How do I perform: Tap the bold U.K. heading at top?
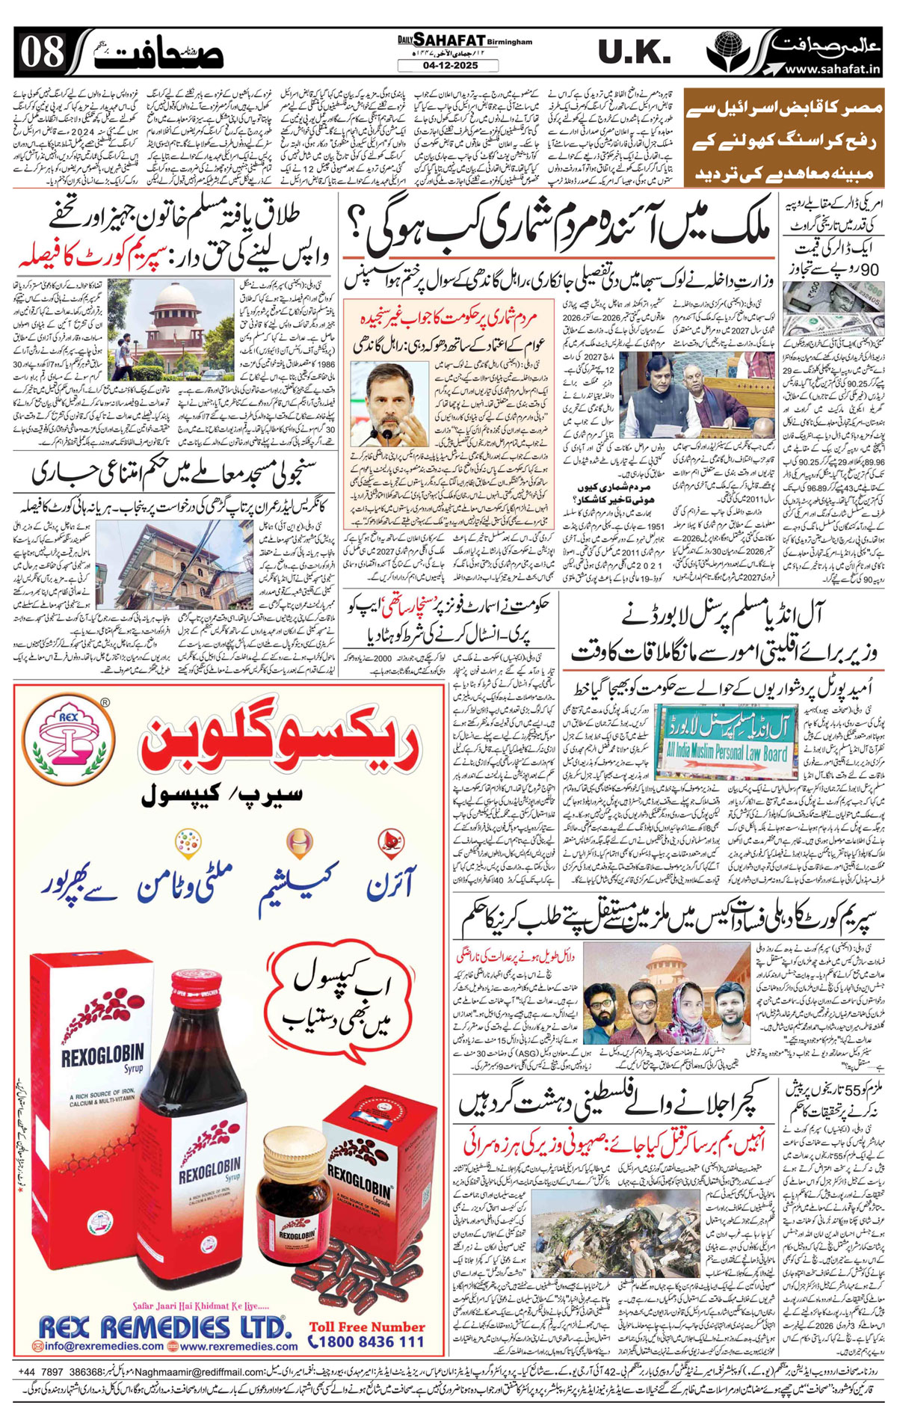coord(634,52)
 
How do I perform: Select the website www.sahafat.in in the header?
coord(830,69)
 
